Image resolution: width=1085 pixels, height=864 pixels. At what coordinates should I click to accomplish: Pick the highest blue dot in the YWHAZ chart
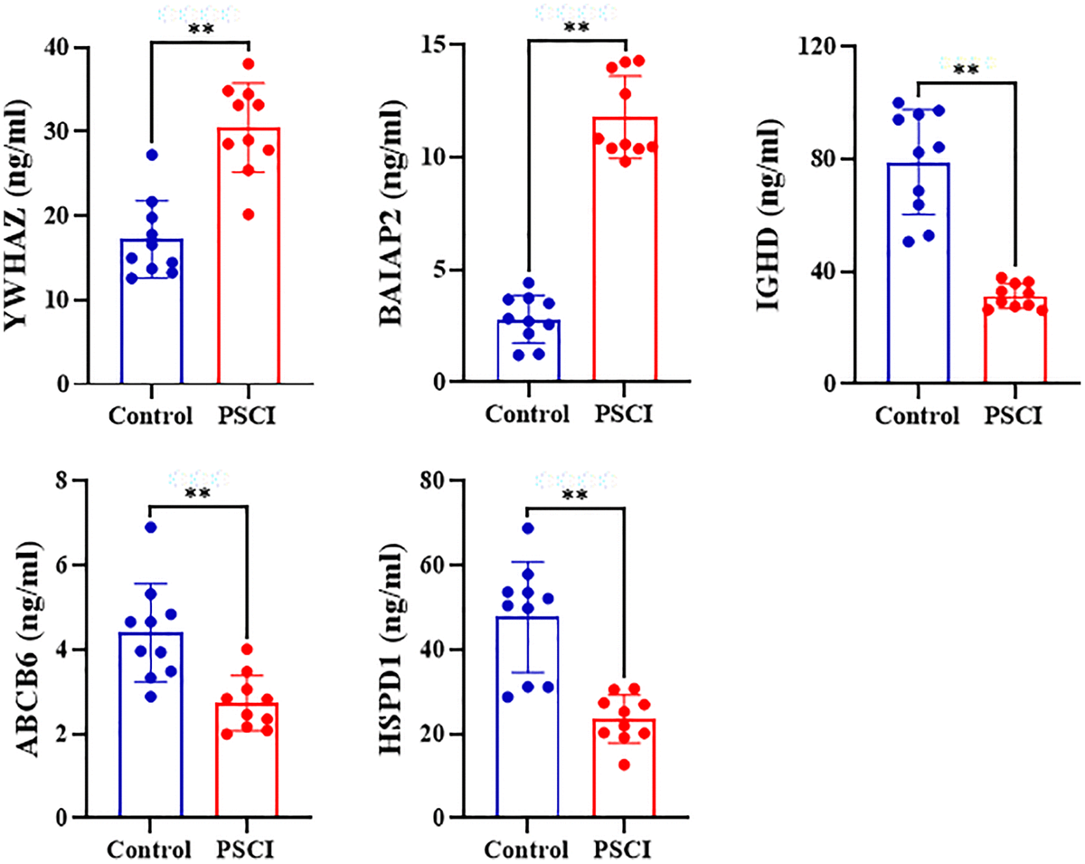click(x=152, y=155)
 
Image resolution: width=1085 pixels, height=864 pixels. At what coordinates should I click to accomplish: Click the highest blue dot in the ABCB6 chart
click(x=151, y=527)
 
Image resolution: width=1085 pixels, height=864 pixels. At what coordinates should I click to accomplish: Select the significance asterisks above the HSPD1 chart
click(x=576, y=495)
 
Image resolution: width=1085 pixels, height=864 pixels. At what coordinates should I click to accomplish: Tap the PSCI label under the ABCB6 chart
click(x=247, y=850)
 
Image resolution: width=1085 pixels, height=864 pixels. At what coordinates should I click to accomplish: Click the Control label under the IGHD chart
click(x=917, y=416)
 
